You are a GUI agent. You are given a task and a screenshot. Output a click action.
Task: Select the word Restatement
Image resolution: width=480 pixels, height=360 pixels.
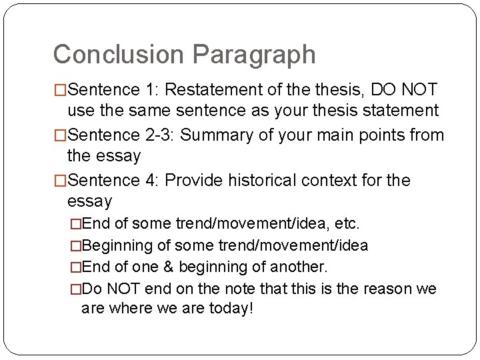point(224,89)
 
